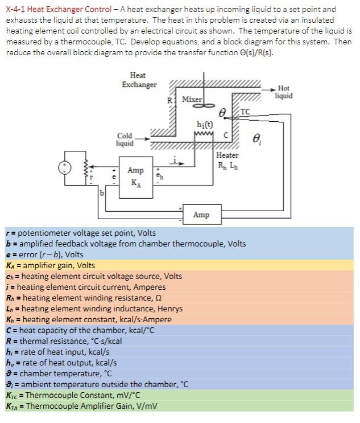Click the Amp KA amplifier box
135,176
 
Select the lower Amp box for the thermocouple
201,215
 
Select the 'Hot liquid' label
284,92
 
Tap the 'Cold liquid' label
125,139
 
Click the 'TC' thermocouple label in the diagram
245,112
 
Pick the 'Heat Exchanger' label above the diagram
138,80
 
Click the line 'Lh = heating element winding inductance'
94,309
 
